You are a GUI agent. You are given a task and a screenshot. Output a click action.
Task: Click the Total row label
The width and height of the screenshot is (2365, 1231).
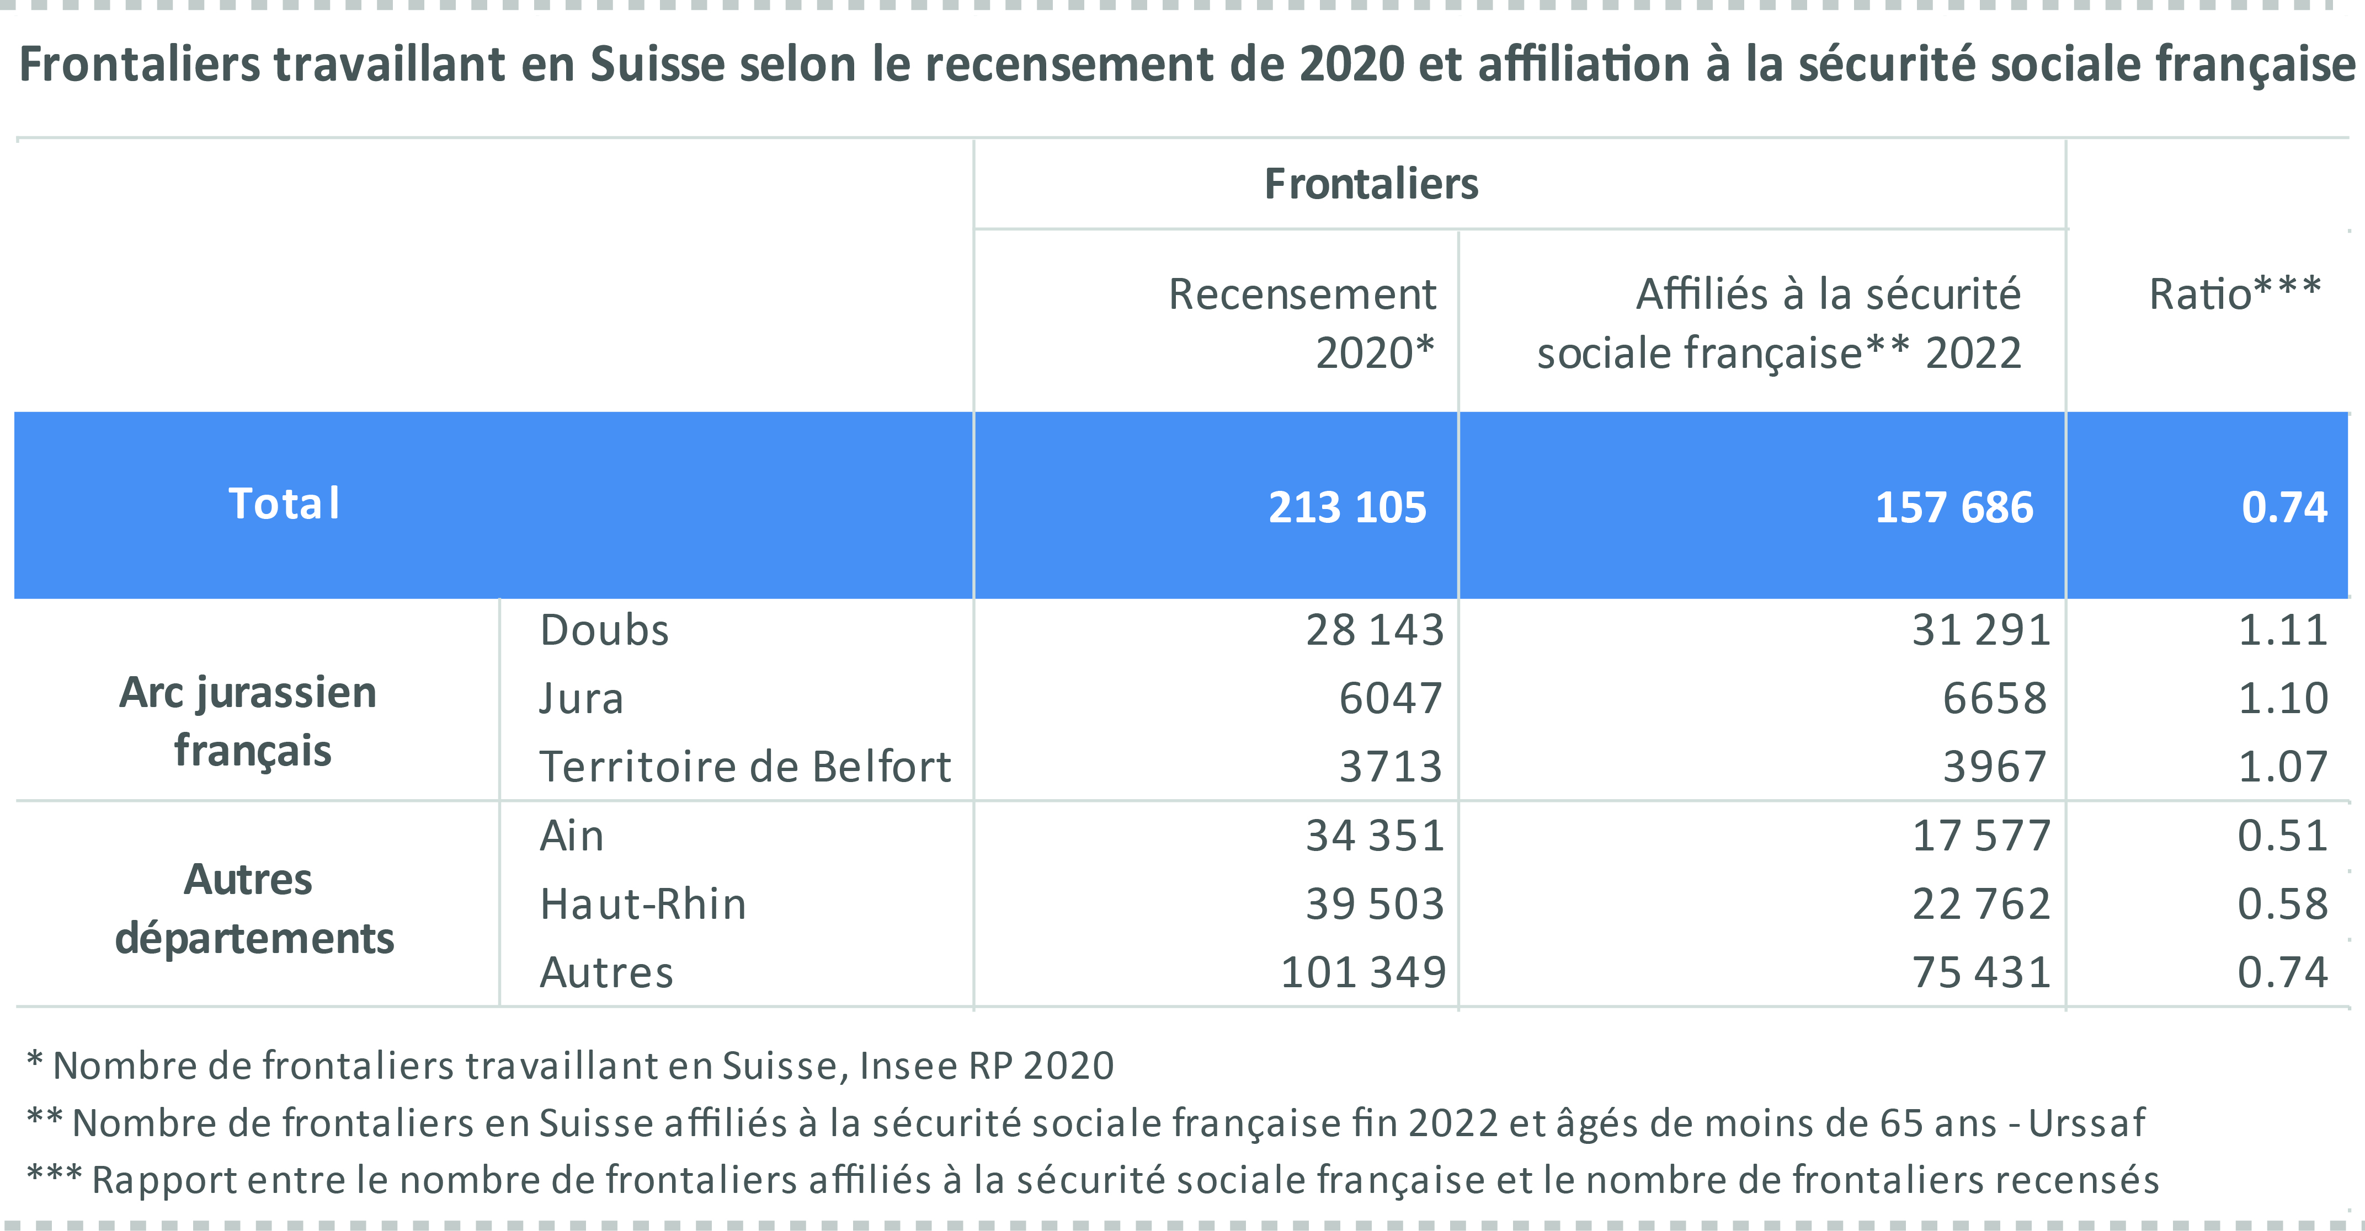tap(284, 504)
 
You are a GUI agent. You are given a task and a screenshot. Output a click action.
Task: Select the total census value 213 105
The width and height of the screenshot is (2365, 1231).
tap(1347, 507)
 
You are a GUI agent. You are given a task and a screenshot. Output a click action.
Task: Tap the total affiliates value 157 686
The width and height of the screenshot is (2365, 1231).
tap(1954, 507)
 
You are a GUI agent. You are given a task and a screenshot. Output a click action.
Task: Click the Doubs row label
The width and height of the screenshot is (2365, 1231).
tap(604, 630)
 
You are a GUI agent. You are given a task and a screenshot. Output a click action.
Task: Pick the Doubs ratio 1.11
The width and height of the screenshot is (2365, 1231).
tap(2282, 630)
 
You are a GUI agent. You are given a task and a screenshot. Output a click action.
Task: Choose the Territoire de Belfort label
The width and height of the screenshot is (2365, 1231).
tap(744, 767)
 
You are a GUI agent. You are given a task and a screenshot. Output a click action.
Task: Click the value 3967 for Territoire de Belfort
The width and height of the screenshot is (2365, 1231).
tap(1994, 767)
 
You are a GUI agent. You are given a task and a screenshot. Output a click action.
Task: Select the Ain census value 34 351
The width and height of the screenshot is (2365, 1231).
tap(1375, 836)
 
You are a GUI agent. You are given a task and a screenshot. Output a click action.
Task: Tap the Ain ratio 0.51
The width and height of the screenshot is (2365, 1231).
tap(2282, 836)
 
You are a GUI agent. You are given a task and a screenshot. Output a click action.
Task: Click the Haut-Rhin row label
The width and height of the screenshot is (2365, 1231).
tap(643, 904)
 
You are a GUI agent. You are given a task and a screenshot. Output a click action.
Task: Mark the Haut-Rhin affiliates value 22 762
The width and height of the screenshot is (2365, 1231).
tap(1980, 904)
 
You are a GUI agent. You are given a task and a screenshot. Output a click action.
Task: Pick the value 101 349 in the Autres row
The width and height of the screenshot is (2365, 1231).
tap(1362, 972)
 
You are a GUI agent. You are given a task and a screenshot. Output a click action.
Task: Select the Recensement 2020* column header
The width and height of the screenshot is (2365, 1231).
tap(1301, 323)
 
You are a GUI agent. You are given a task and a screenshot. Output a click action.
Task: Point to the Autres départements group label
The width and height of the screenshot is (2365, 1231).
tap(253, 909)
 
